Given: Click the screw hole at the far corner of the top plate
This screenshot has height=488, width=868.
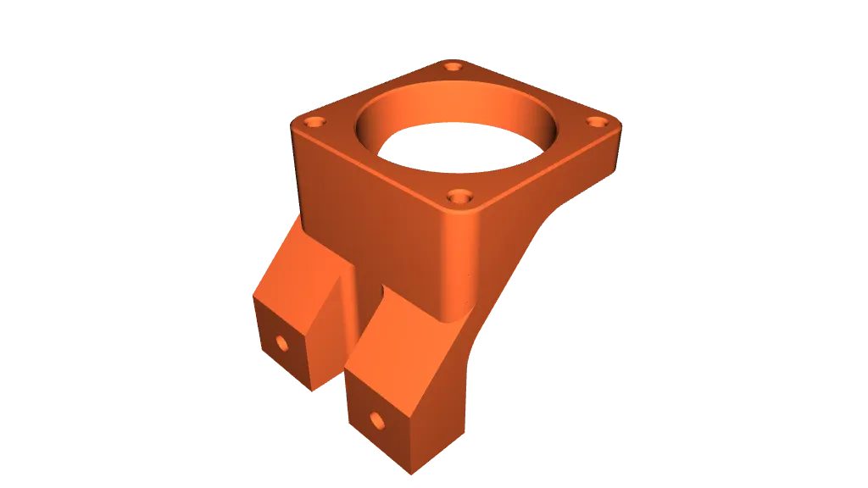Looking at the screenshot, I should (x=454, y=66).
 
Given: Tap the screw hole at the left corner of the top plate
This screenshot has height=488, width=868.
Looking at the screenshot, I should (x=315, y=122).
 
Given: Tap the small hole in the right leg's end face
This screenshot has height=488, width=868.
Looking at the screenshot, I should (x=376, y=419).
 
